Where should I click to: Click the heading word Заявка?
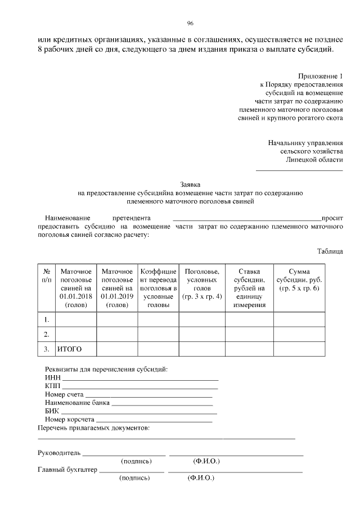coord(190,184)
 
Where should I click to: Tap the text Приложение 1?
coord(324,75)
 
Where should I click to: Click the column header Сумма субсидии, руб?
coord(299,280)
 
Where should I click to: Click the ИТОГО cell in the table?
coord(70,349)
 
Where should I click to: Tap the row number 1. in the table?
coord(47,319)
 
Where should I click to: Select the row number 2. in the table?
coord(47,335)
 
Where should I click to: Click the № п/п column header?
coord(47,275)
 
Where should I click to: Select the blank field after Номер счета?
coord(148,397)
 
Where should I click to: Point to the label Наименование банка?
coord(78,403)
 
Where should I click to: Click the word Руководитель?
coord(60,452)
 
